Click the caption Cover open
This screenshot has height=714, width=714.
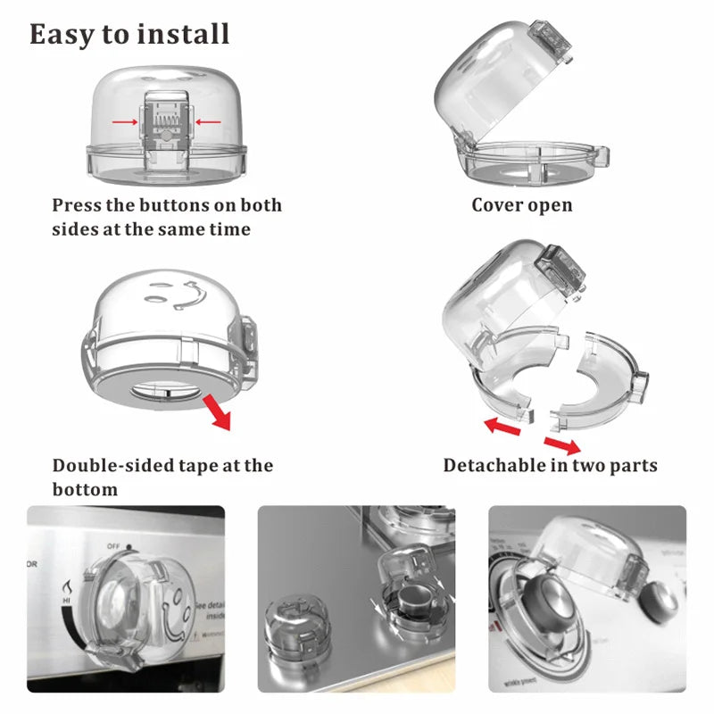(522, 205)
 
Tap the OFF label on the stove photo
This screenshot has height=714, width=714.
(113, 545)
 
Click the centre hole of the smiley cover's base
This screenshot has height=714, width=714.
(168, 390)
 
